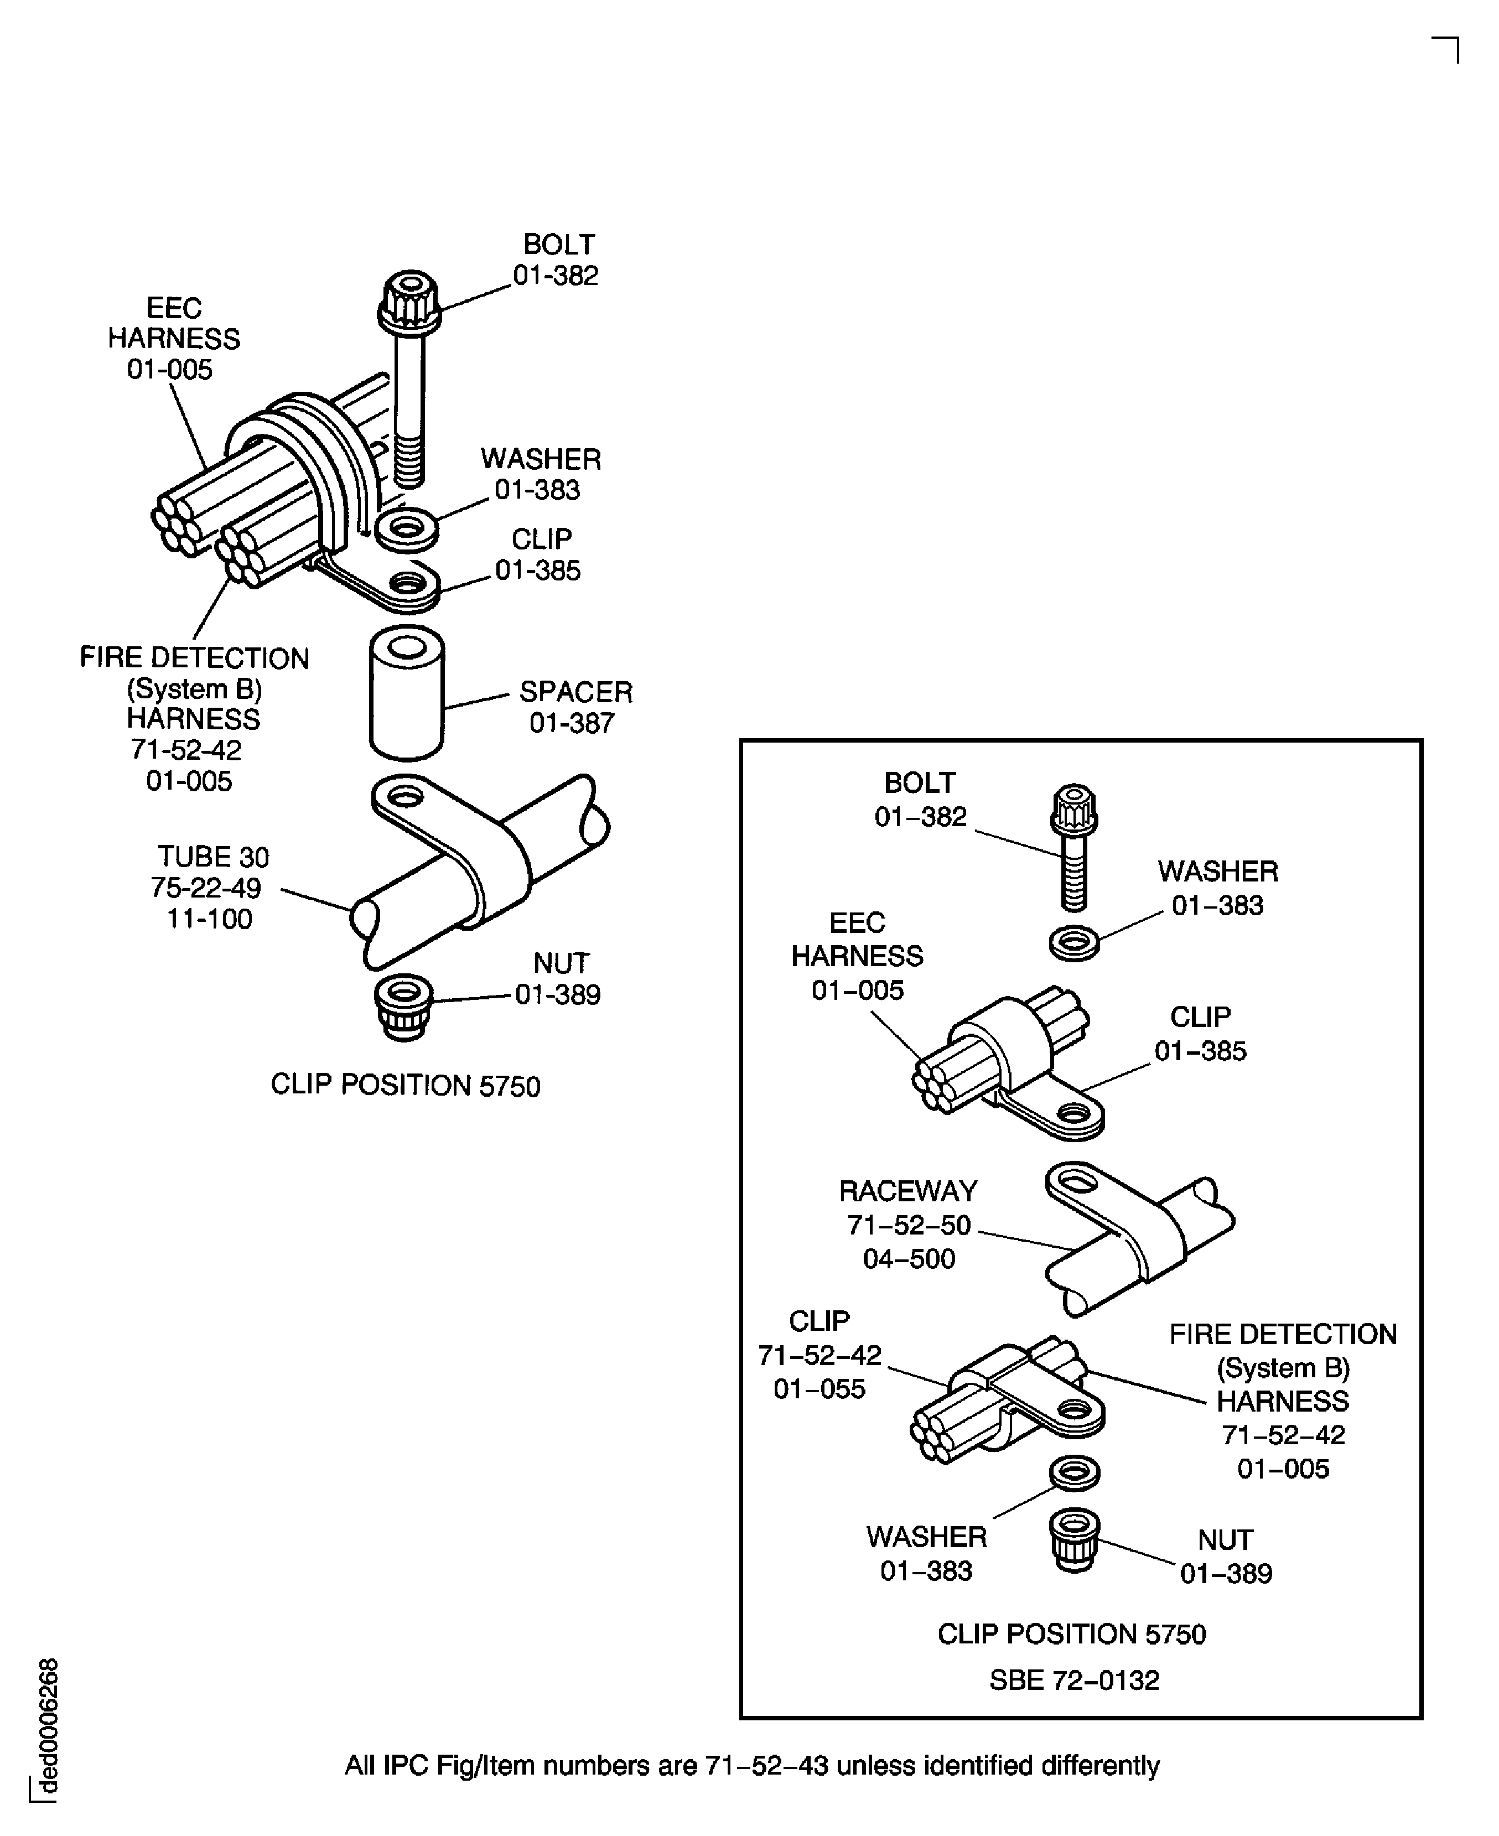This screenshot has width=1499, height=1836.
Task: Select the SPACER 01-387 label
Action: click(x=575, y=707)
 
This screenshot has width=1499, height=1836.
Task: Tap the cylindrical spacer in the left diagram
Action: click(x=407, y=693)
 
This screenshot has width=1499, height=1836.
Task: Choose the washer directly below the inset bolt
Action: click(x=1074, y=942)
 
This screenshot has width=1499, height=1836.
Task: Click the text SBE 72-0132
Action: click(x=1073, y=1680)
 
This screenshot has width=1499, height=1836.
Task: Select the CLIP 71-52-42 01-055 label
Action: click(x=819, y=1355)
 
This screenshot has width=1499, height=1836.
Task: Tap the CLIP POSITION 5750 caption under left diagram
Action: click(x=405, y=1086)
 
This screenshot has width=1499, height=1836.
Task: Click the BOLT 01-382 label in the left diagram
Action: click(x=557, y=260)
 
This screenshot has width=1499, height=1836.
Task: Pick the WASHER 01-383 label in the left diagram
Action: click(x=540, y=474)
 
